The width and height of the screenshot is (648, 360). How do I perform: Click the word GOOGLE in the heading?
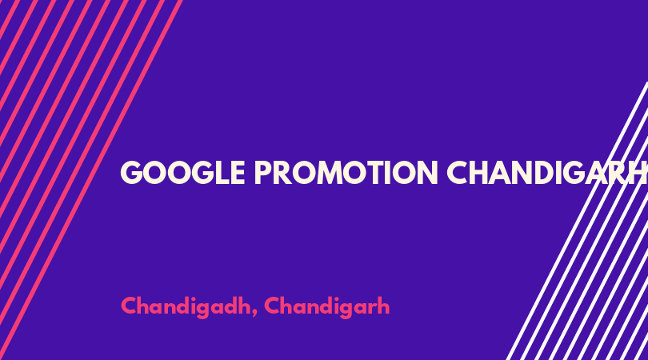click(x=182, y=173)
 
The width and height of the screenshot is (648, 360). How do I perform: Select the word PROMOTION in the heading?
click(x=346, y=173)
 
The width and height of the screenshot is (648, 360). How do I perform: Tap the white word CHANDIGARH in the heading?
click(x=547, y=173)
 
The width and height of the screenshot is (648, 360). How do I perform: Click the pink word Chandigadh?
click(x=186, y=306)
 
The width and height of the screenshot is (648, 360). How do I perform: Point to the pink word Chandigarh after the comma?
click(x=327, y=306)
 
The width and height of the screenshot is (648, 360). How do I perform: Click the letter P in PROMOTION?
click(x=262, y=173)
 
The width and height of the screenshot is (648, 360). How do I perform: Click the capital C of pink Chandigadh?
click(x=128, y=306)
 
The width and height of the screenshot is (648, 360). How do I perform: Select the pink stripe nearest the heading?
click(x=92, y=180)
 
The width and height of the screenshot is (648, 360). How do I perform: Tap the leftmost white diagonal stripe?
click(x=578, y=221)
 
